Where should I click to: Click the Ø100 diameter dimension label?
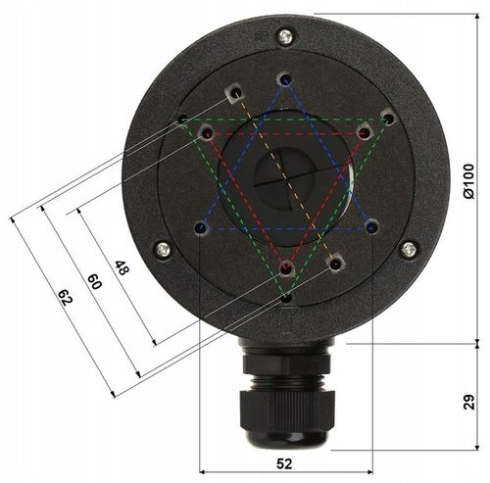[469, 182]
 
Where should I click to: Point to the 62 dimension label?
[64, 297]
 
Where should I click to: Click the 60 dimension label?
[94, 282]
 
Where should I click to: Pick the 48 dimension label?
[122, 266]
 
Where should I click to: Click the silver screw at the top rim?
[284, 37]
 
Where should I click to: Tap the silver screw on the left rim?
[163, 250]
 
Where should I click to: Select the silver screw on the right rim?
[409, 250]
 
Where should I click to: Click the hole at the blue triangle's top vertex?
[284, 78]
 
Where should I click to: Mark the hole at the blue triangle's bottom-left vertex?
[201, 227]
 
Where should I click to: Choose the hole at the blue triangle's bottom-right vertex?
[371, 226]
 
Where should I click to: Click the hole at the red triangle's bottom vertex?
[286, 266]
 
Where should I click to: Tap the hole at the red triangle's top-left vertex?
[206, 131]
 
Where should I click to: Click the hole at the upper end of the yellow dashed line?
[233, 93]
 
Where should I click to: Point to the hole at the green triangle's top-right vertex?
[388, 118]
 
